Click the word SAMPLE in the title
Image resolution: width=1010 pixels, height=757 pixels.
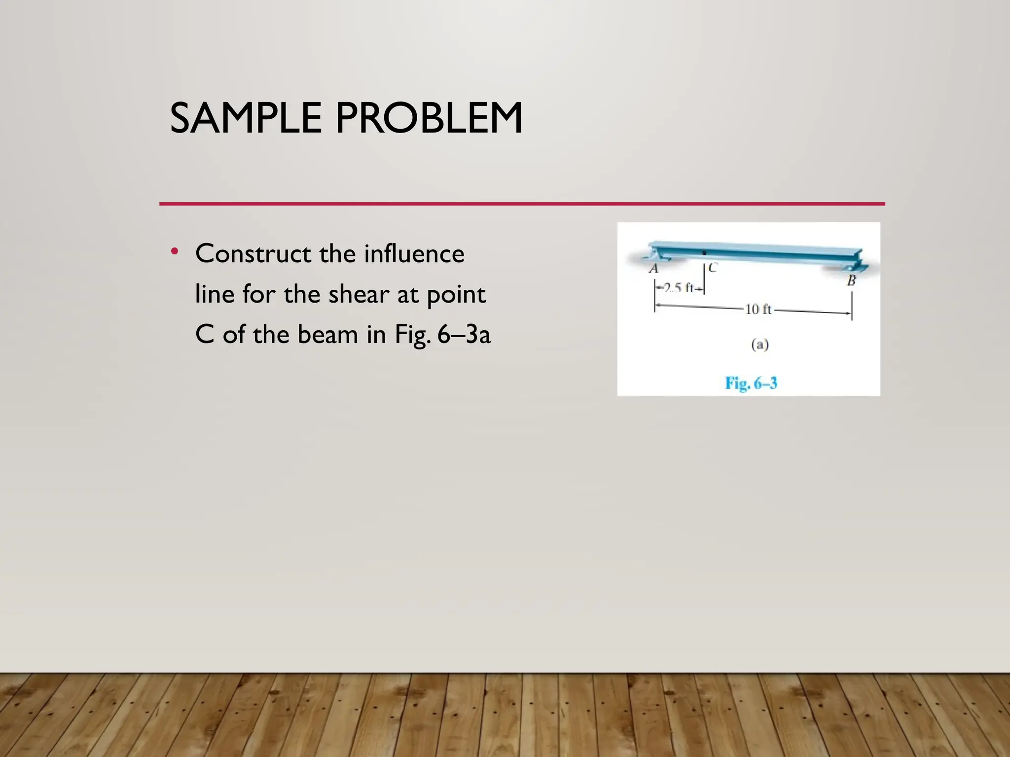(x=246, y=118)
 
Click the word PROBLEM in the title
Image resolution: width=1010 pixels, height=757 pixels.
(x=429, y=118)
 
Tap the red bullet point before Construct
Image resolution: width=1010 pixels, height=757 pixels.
(x=174, y=252)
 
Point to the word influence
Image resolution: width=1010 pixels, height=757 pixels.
(x=414, y=254)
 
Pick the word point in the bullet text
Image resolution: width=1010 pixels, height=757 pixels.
(x=456, y=295)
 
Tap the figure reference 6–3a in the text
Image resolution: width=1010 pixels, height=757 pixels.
(x=464, y=335)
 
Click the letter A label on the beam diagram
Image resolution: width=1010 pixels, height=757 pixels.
(x=653, y=269)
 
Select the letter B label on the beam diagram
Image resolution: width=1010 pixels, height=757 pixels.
(x=851, y=281)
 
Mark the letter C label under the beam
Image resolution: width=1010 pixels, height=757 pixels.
(x=713, y=268)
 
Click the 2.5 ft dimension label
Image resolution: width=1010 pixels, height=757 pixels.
(x=679, y=287)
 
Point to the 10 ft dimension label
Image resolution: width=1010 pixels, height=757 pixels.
(x=757, y=309)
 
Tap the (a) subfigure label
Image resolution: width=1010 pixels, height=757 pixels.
(x=759, y=344)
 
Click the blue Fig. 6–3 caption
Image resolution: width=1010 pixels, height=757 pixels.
(x=751, y=383)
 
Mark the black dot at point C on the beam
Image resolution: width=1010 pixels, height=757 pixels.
(x=704, y=253)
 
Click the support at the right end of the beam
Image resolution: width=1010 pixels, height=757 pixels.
(x=853, y=267)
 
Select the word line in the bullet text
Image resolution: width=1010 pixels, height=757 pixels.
(x=215, y=294)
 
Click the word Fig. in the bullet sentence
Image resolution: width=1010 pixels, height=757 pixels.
(x=413, y=335)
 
